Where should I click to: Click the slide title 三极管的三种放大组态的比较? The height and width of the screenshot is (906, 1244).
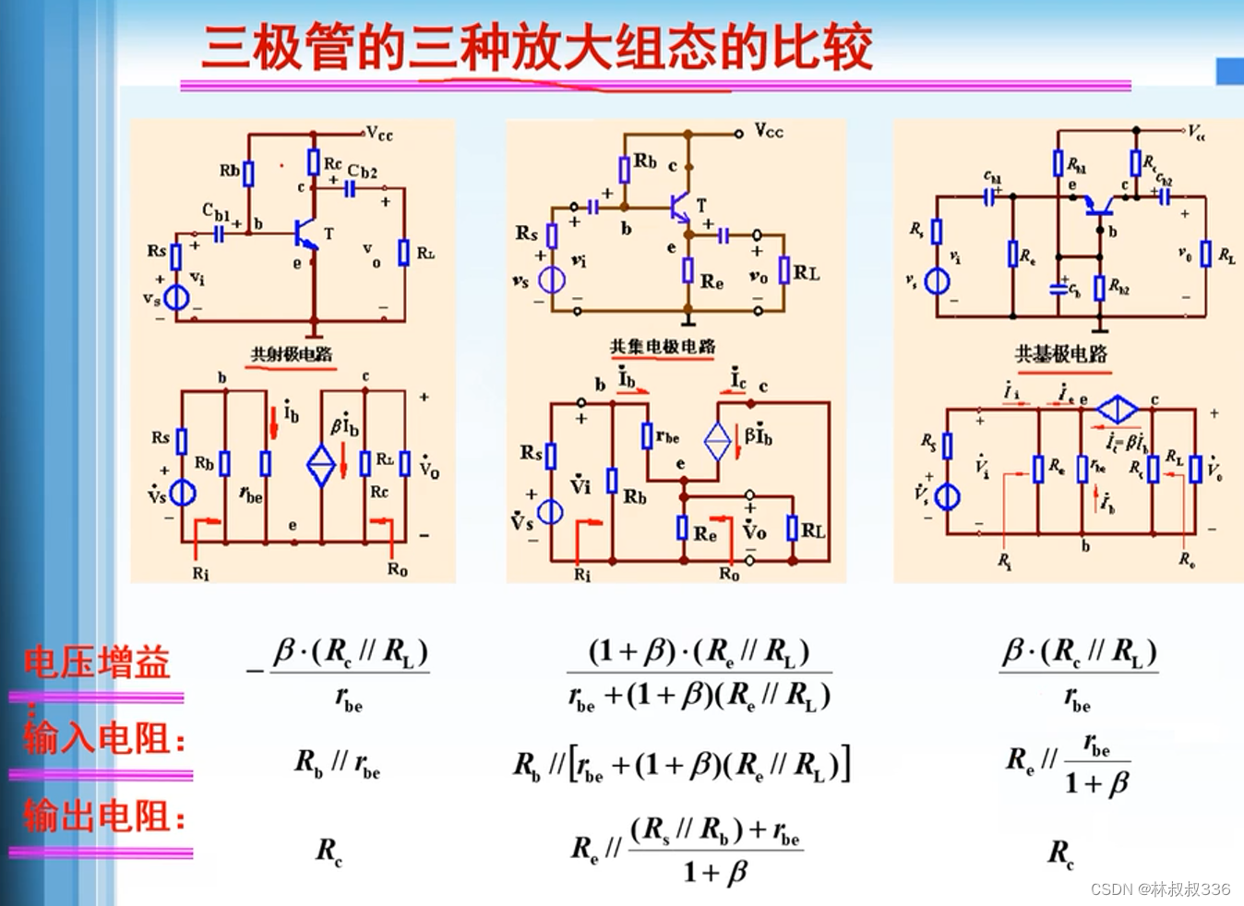click(537, 48)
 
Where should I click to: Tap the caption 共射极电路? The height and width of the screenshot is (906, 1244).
click(292, 354)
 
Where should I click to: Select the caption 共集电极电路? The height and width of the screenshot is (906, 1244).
click(663, 347)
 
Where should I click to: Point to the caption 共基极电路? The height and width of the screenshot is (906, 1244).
click(1061, 354)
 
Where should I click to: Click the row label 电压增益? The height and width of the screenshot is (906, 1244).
click(97, 663)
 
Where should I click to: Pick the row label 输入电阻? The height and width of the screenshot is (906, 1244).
click(103, 739)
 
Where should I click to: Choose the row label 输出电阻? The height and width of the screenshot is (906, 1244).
click(103, 817)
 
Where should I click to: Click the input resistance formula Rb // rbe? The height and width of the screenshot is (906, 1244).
click(337, 764)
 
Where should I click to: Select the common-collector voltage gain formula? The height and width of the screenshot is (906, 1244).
click(700, 674)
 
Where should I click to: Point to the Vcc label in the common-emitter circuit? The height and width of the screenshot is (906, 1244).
click(379, 135)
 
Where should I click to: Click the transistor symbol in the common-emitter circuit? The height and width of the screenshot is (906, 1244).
click(305, 233)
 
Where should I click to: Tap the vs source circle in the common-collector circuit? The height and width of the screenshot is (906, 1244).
click(552, 280)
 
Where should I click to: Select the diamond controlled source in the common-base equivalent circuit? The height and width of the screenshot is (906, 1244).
click(1117, 409)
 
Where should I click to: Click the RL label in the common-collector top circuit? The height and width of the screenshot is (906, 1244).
click(807, 273)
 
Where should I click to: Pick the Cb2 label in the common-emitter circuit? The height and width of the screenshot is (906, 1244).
click(362, 172)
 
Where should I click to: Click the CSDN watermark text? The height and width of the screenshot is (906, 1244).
click(1160, 888)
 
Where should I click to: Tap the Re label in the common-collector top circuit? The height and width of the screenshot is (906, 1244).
click(712, 281)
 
